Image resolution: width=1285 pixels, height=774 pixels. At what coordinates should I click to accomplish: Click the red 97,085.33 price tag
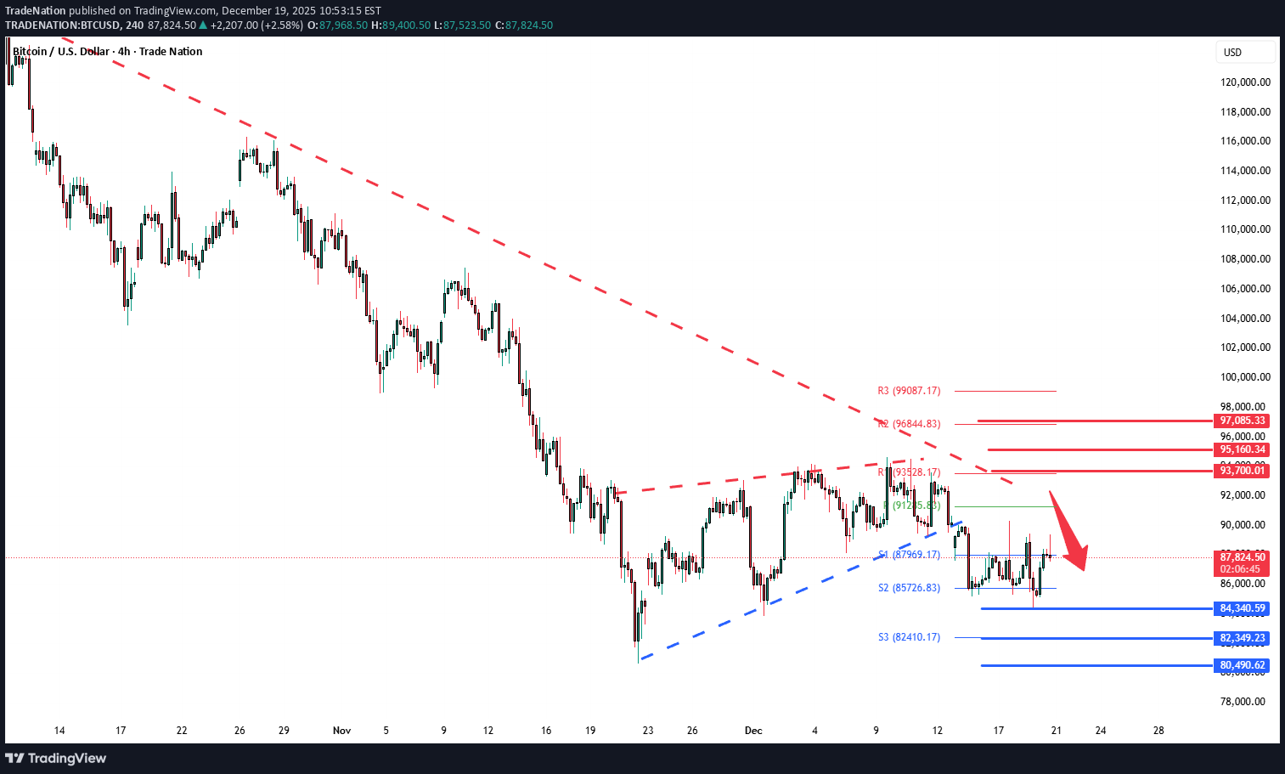click(x=1243, y=421)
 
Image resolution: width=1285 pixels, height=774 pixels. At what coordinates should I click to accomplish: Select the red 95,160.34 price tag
click(x=1243, y=449)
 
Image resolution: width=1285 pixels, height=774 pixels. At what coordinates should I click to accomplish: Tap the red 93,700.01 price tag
click(x=1243, y=471)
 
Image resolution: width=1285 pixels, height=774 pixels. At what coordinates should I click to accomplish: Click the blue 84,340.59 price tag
click(x=1243, y=608)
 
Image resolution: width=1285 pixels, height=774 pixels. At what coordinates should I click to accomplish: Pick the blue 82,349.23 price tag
click(x=1243, y=638)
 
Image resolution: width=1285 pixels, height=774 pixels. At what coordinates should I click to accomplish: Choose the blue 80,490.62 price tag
click(x=1243, y=665)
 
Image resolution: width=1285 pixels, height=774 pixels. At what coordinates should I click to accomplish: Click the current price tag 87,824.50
click(x=1243, y=557)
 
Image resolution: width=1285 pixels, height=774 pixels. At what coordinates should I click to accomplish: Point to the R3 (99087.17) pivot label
click(x=909, y=391)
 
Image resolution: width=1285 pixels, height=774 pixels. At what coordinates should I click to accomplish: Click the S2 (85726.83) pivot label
click(x=909, y=588)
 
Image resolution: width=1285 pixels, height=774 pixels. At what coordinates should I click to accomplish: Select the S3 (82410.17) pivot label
click(x=909, y=637)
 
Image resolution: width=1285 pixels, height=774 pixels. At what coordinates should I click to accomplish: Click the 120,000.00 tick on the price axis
click(x=1245, y=82)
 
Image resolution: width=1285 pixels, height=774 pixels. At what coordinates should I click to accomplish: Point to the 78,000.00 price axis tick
click(x=1245, y=702)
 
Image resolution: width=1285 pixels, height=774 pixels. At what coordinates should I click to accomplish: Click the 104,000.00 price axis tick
click(x=1245, y=319)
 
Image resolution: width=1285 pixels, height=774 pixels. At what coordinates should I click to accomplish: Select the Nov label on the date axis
click(x=341, y=731)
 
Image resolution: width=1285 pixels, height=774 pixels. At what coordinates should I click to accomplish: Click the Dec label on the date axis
click(x=753, y=731)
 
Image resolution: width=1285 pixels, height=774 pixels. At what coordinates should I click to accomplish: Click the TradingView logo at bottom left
click(x=56, y=758)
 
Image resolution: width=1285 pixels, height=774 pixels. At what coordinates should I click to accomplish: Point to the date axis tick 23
click(x=648, y=731)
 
